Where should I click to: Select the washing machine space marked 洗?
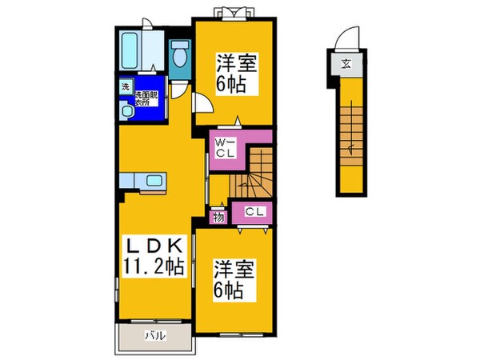click(126, 86)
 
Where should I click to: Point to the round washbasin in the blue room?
click(126, 112)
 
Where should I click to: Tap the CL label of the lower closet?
click(255, 212)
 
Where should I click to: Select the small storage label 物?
click(216, 216)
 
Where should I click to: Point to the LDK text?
click(156, 246)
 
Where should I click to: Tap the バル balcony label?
click(155, 335)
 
